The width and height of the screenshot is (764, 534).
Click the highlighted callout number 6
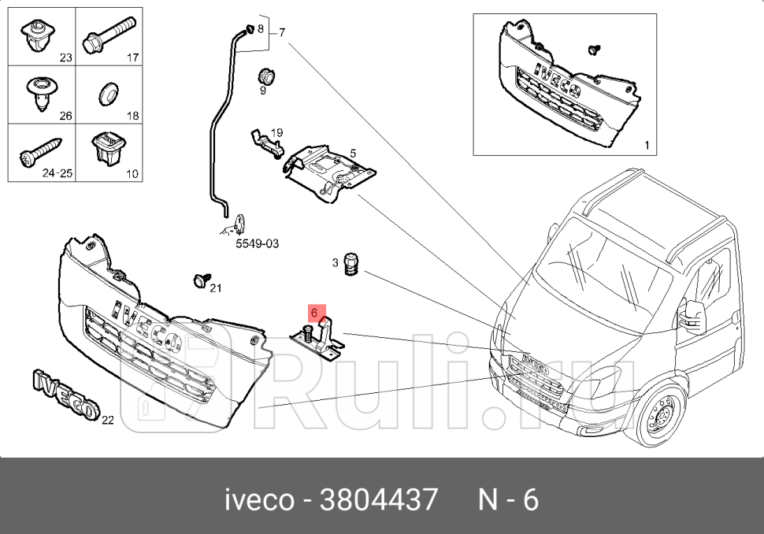click(x=314, y=313)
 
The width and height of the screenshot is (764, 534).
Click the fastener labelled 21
click(x=199, y=280)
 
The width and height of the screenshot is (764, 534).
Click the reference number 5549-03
click(x=257, y=244)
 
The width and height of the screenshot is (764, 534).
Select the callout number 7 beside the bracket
click(x=281, y=32)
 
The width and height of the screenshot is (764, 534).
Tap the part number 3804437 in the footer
click(x=377, y=499)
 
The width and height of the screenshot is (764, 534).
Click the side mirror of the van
click(x=693, y=313)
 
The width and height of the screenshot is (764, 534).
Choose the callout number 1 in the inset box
click(x=647, y=145)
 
